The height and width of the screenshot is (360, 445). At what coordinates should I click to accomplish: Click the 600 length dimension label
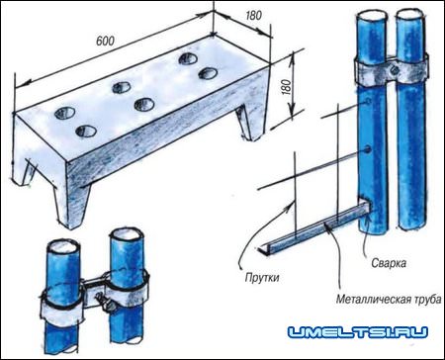pos(105,41)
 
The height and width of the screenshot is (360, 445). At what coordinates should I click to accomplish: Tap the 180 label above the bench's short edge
pos(254,15)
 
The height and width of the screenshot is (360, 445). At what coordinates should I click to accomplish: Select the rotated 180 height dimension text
pos(287,87)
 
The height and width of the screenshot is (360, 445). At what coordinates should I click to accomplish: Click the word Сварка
pos(389,263)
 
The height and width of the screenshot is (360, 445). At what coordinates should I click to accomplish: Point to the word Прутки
pos(262,278)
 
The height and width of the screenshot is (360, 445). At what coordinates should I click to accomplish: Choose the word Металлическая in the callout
pos(374,300)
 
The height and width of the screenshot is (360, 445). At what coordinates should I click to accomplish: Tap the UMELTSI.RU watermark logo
pos(358,332)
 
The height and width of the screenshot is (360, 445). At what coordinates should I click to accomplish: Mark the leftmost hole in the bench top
pos(65,113)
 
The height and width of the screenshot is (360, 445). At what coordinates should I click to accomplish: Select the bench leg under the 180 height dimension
pos(247,123)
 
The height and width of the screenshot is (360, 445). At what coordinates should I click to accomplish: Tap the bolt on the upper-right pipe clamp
pos(394,69)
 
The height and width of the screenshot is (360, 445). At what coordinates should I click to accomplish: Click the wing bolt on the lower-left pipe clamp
pos(105,304)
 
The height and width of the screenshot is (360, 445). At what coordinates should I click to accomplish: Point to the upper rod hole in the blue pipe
pos(367,102)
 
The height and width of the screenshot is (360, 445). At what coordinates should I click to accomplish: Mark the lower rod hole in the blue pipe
pos(367,150)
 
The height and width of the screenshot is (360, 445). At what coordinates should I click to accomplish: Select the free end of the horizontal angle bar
pos(262,249)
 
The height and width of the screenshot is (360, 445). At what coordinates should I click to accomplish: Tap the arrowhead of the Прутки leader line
pos(291,203)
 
